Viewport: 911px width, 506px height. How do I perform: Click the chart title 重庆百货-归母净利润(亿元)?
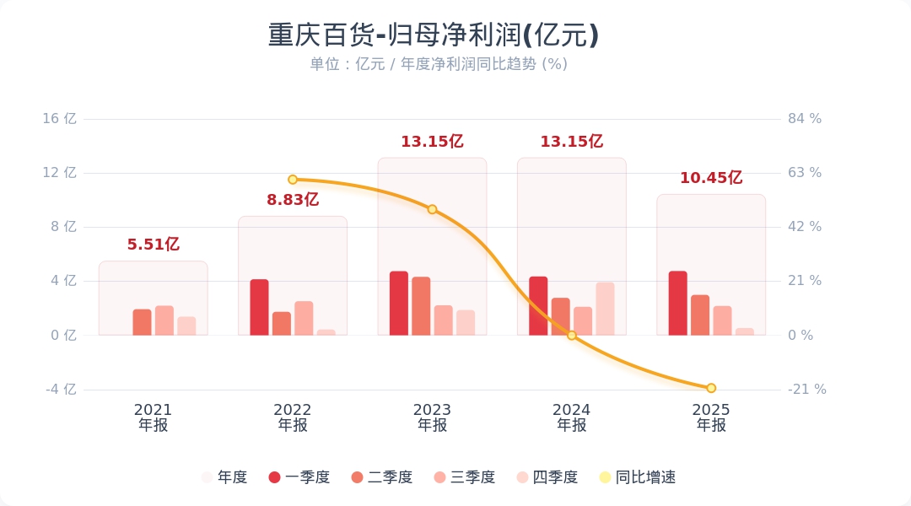434,35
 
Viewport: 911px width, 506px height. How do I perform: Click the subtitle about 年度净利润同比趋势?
439,64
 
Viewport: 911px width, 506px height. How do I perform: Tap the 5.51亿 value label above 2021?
154,245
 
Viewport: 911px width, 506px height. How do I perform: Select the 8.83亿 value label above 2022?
293,200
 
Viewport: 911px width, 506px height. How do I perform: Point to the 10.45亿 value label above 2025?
711,178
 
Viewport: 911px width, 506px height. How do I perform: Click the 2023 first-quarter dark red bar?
399,304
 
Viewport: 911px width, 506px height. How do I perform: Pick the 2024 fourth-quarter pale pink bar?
605,309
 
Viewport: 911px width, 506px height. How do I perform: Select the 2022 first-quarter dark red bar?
259,307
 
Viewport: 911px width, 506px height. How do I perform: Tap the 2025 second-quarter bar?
700,315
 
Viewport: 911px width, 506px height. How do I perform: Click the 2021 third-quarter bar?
164,320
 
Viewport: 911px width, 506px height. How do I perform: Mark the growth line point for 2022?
293,180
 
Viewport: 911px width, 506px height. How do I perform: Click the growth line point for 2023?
432,209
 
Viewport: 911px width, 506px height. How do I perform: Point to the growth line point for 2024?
572,336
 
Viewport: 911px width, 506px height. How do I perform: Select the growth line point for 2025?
711,388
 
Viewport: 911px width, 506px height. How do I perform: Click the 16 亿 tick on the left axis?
60,119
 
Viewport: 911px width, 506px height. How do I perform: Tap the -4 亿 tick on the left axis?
60,390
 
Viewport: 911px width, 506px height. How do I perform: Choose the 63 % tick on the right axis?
805,173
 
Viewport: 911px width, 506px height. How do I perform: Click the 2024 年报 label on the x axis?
572,417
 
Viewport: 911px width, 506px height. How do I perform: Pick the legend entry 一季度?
299,477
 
